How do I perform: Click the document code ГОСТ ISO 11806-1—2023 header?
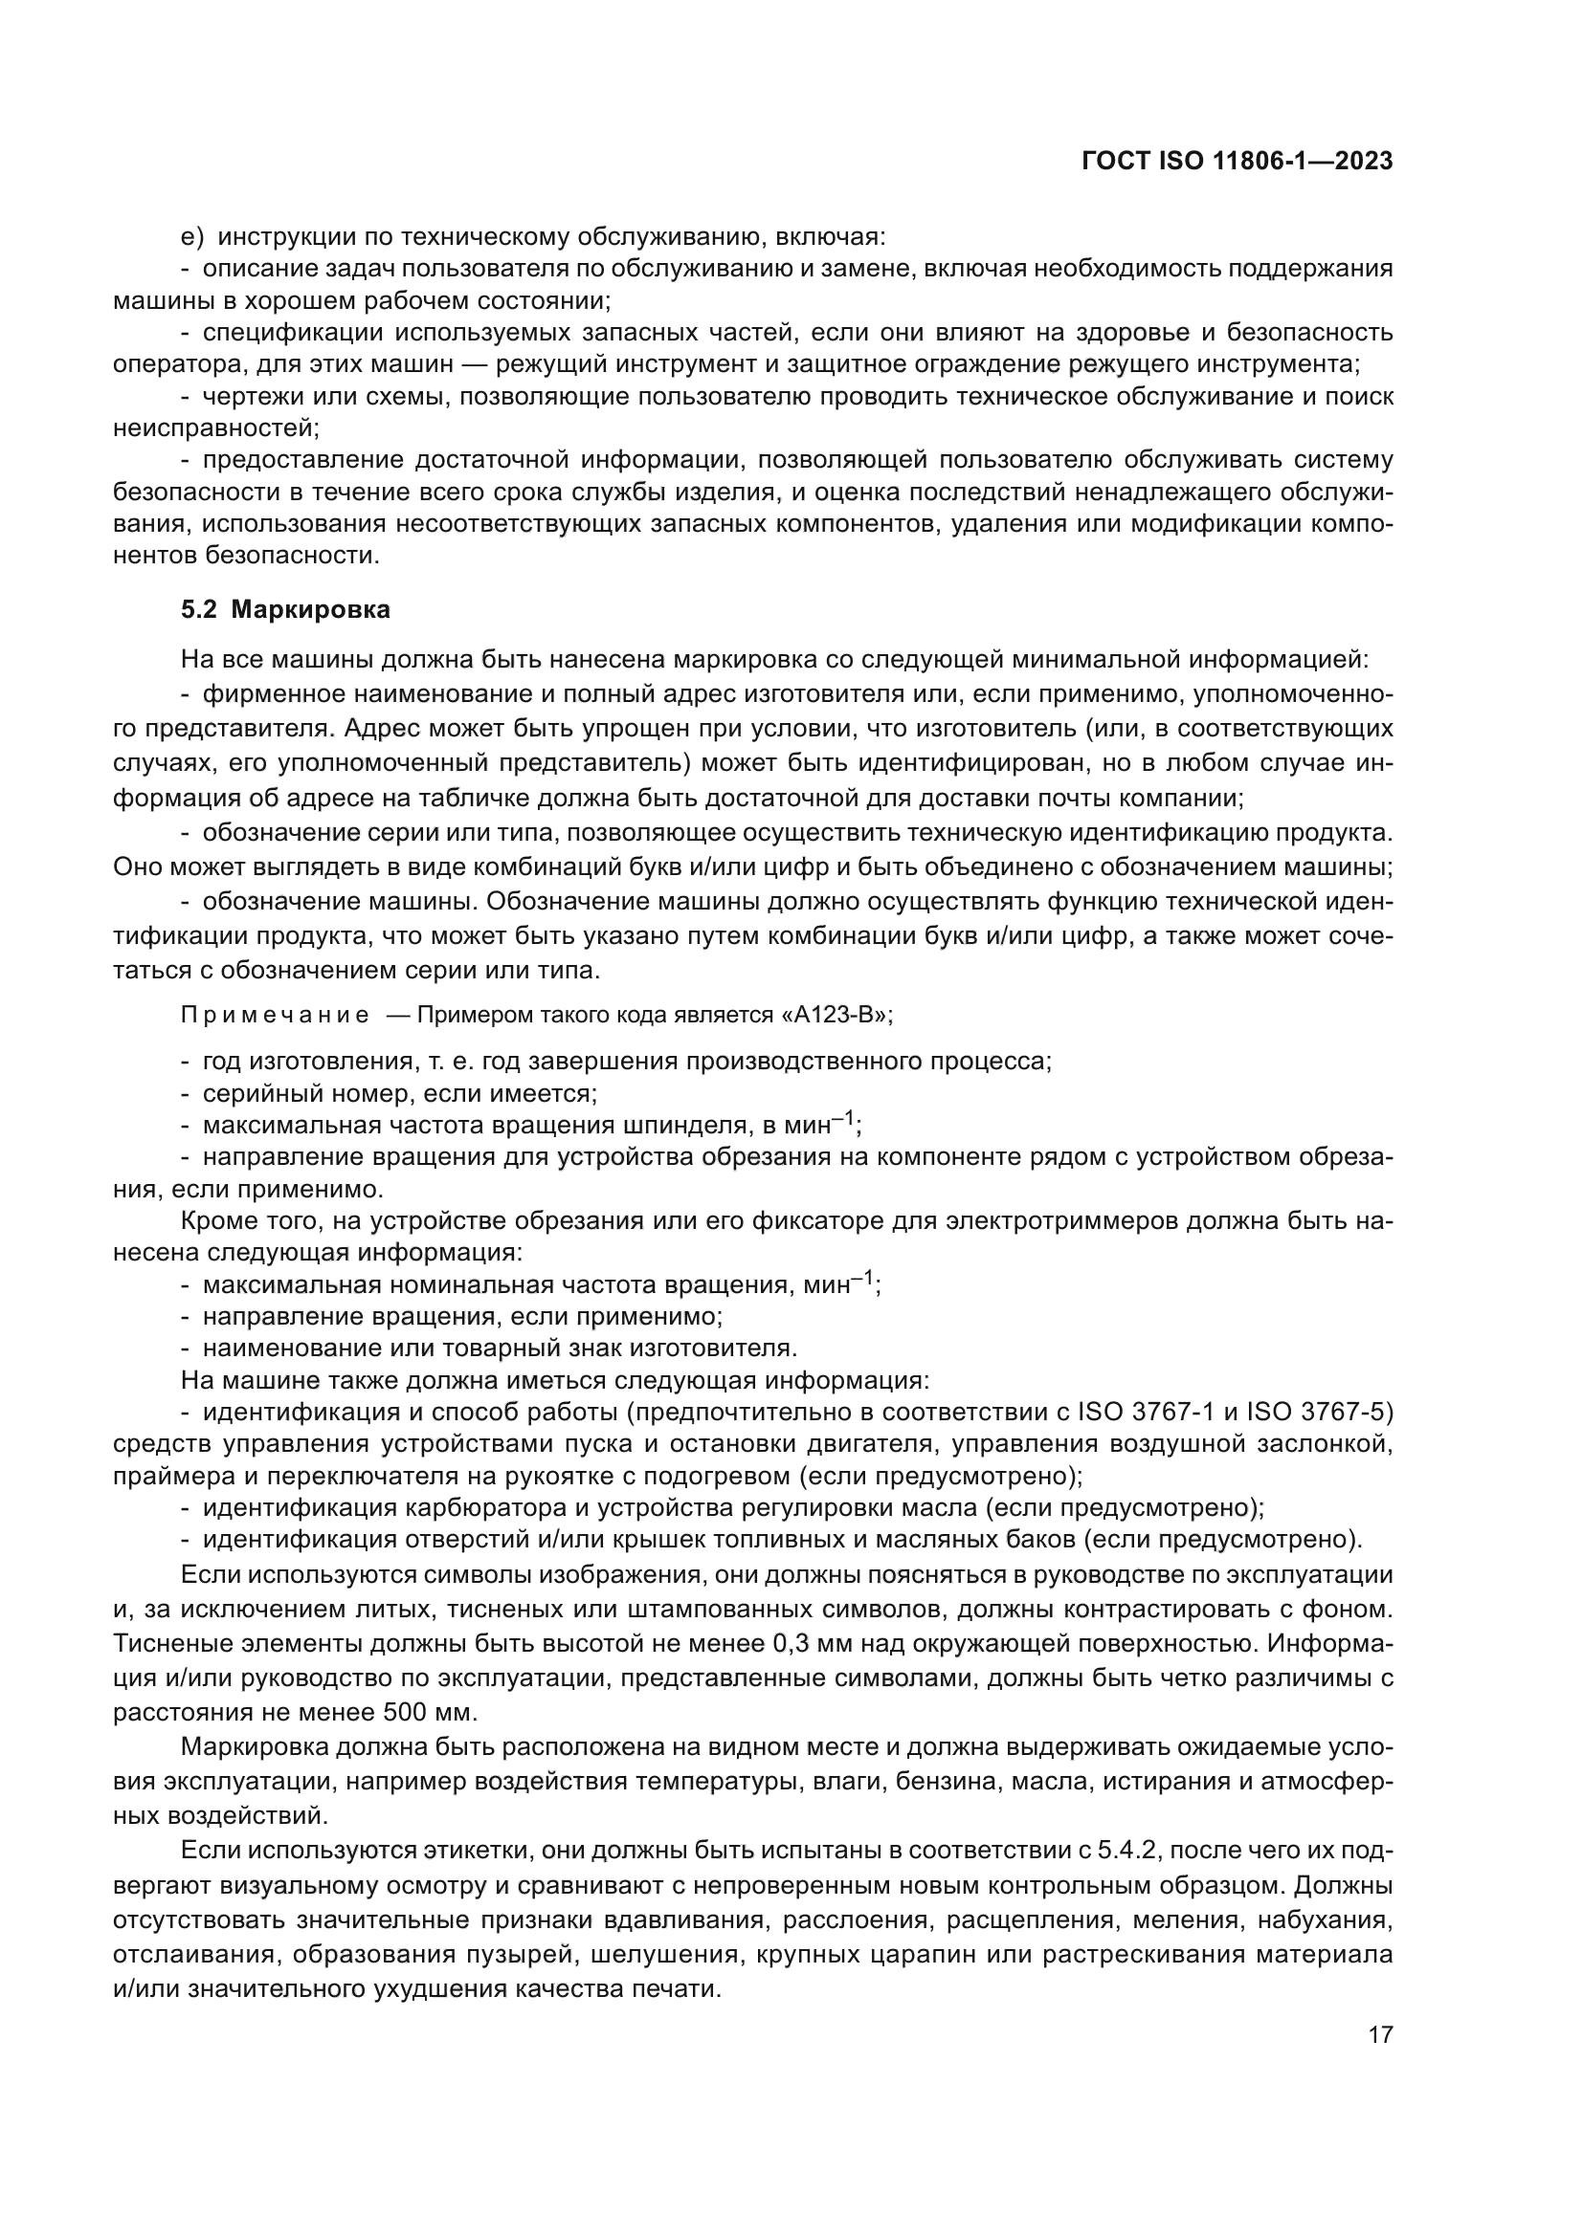[x=1236, y=162]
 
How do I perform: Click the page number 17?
[x=1380, y=2033]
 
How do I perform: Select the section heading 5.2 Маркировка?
[x=285, y=610]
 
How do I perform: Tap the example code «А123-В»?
[x=836, y=1016]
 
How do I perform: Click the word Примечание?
[x=275, y=1016]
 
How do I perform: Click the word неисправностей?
[x=214, y=428]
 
